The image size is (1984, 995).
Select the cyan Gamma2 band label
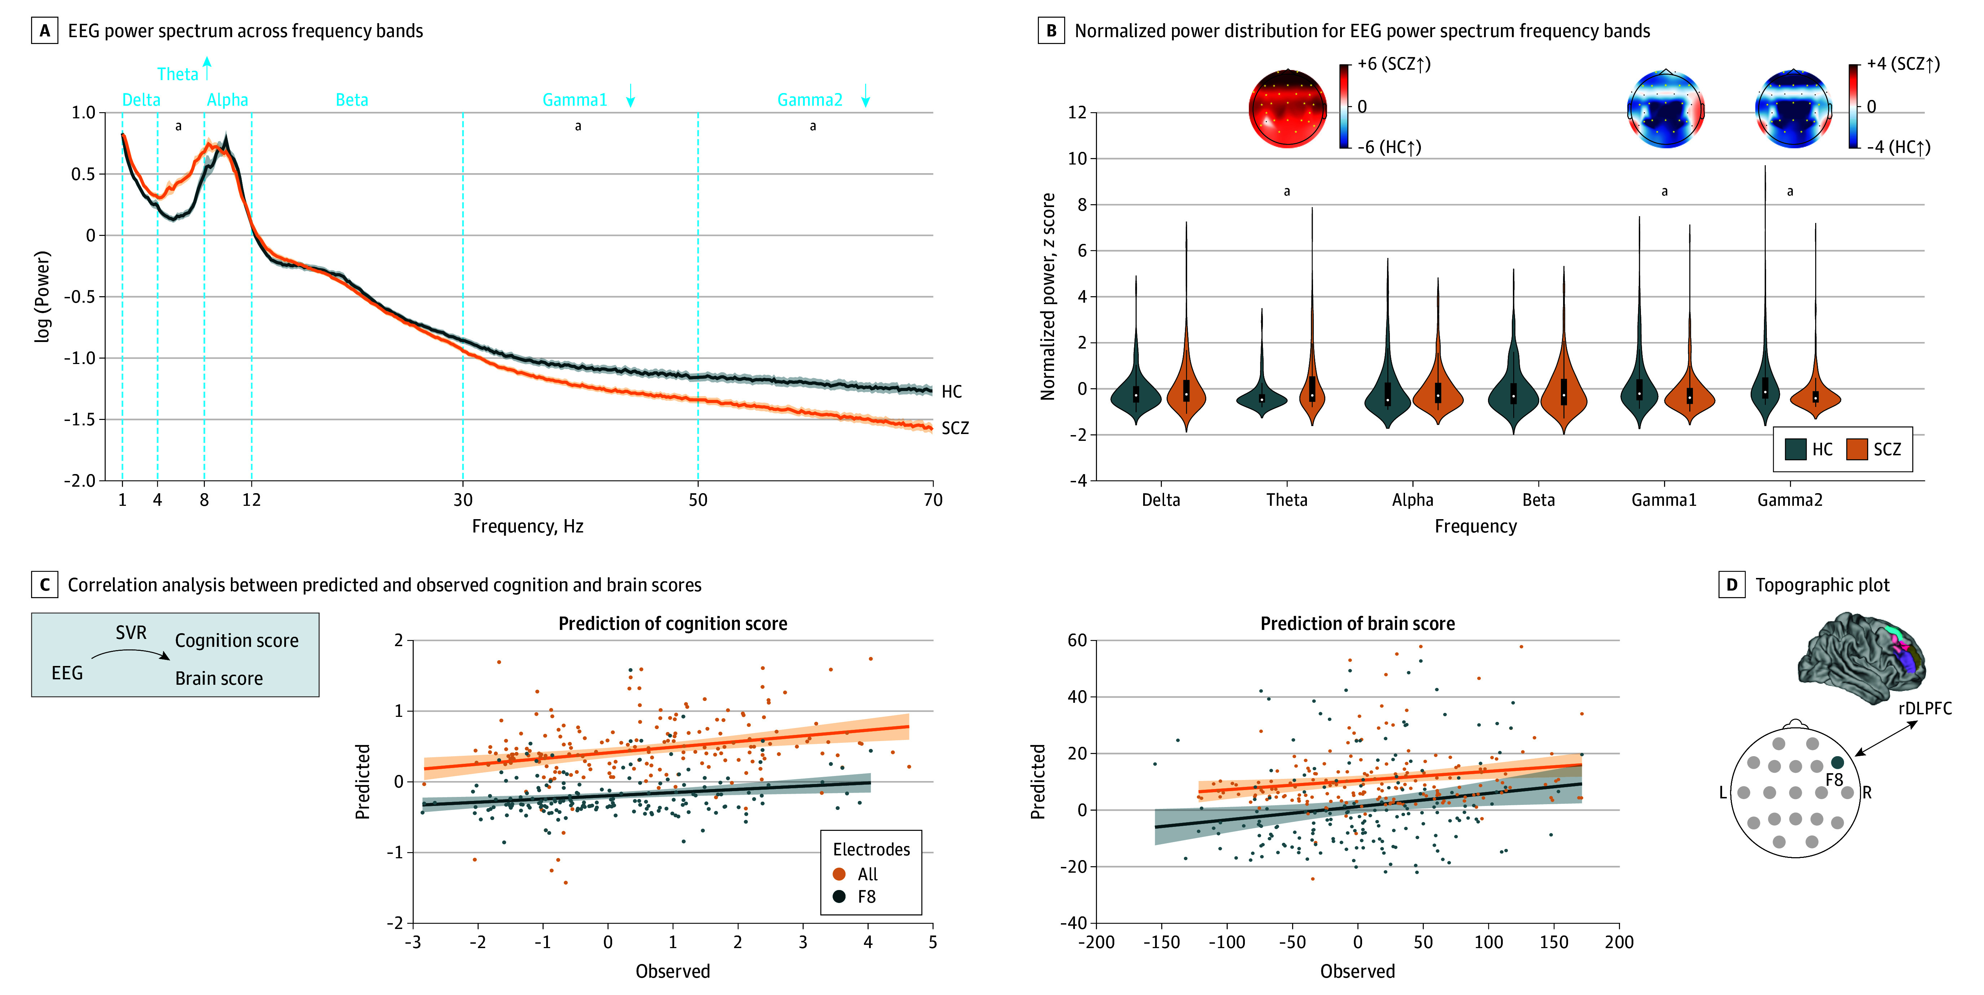pos(809,100)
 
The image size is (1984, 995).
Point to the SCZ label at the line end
pos(955,428)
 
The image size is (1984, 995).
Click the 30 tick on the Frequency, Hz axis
pos(463,500)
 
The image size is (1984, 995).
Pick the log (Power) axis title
pos(42,297)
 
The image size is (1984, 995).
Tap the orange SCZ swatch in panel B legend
pos(1857,449)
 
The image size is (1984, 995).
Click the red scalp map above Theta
pos(1287,108)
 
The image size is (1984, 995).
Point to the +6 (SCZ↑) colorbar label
pos(1394,64)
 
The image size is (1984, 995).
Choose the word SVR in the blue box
pos(131,633)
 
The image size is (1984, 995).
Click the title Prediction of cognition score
pos(672,624)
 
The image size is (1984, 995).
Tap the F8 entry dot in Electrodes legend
pos(839,897)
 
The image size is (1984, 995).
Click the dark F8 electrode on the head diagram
pos(1837,762)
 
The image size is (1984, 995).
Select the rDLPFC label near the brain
pos(1925,709)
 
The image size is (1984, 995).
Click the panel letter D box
pos(1731,585)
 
